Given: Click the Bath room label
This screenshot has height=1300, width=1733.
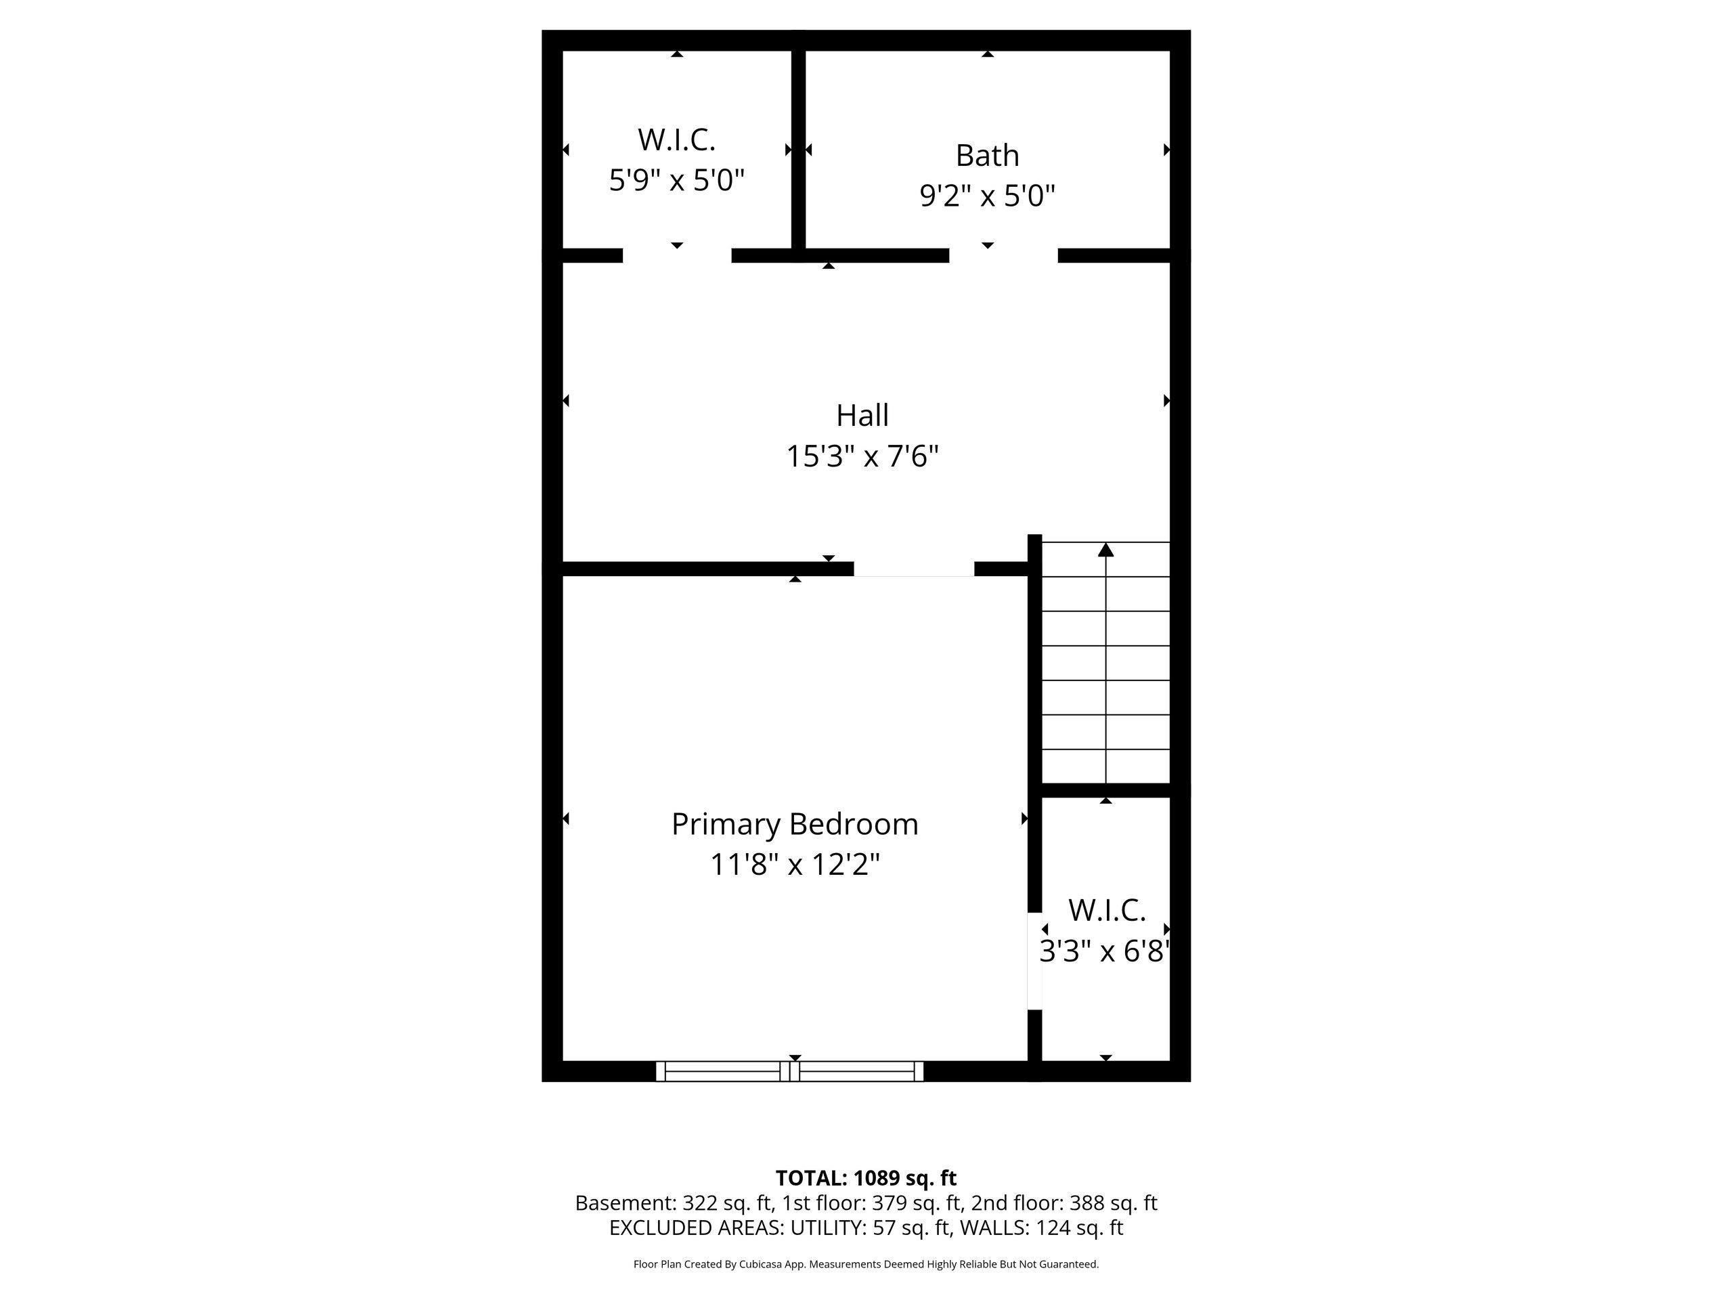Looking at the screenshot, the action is point(987,155).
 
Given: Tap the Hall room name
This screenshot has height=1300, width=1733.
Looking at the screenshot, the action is point(862,415).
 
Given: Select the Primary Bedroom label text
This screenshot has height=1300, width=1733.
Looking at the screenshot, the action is point(795,825).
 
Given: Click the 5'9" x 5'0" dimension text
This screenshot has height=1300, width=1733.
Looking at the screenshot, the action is point(676,180).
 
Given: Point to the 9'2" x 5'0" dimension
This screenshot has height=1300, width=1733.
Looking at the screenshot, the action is point(987,196).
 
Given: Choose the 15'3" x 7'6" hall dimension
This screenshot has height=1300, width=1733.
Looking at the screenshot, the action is point(862,456).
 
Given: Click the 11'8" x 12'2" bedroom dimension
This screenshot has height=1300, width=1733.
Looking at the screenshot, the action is point(795,865).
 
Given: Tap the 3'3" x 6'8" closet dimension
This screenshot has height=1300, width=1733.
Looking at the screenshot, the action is point(1105,951).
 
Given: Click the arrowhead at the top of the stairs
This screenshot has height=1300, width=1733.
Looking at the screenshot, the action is point(1105,549).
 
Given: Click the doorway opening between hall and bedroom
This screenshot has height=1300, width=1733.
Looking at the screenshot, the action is point(913,569).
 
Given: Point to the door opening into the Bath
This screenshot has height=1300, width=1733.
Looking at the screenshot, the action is point(1004,255).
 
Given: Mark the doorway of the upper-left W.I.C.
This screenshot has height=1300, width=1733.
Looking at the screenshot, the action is point(677,255).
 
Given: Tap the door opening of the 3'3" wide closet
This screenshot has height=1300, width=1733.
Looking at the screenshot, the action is point(1035,961).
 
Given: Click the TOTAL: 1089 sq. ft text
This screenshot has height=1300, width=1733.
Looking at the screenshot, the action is point(866,1177).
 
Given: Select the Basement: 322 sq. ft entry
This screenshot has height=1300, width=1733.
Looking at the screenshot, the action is point(674,1202).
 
